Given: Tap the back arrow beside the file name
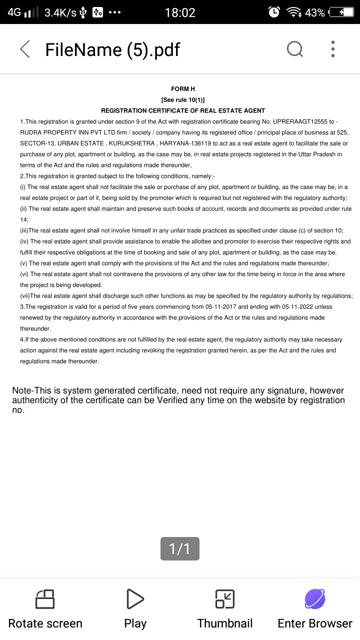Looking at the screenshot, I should pyautogui.click(x=25, y=49).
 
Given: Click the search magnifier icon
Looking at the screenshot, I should pyautogui.click(x=294, y=49).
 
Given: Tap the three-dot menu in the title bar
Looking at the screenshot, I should pyautogui.click(x=333, y=49).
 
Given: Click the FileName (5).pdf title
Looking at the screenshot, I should pyautogui.click(x=112, y=49).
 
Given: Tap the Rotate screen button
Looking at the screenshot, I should pyautogui.click(x=45, y=608).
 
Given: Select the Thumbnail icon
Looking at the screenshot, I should pyautogui.click(x=225, y=599).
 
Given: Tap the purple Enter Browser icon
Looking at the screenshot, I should pyautogui.click(x=315, y=599).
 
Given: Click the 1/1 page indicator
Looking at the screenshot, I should pyautogui.click(x=180, y=548).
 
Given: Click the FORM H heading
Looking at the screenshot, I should pyautogui.click(x=183, y=88).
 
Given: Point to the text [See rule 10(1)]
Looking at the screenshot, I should pyautogui.click(x=183, y=99).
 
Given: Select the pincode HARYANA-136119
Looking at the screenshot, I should pyautogui.click(x=184, y=143).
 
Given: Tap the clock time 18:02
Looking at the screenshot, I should pyautogui.click(x=180, y=12).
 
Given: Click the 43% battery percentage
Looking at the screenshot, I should pyautogui.click(x=315, y=12).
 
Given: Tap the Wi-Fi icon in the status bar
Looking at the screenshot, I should pyautogui.click(x=293, y=12).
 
